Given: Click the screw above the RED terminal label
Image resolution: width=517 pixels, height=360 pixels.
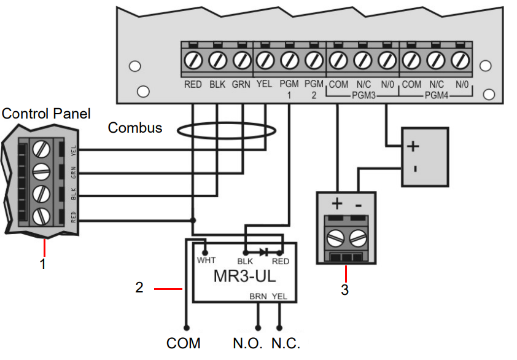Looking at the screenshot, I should [193, 60].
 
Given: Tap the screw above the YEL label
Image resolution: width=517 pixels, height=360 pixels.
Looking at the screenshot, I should [265, 60].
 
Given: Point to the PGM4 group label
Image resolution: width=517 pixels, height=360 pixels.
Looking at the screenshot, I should [437, 96].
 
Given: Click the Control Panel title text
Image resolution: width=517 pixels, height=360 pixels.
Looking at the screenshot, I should [46, 114].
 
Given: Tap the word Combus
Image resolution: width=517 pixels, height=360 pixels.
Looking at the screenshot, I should [135, 128].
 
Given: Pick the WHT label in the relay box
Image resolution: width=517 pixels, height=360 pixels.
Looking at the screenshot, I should [206, 260].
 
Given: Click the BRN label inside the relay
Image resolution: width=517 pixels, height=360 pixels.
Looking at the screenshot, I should [258, 295].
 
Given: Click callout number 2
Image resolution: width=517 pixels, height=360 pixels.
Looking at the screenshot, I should [139, 287].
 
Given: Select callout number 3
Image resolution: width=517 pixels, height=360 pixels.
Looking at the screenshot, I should [345, 289].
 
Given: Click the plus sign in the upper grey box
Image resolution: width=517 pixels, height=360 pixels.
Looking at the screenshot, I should [413, 146].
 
